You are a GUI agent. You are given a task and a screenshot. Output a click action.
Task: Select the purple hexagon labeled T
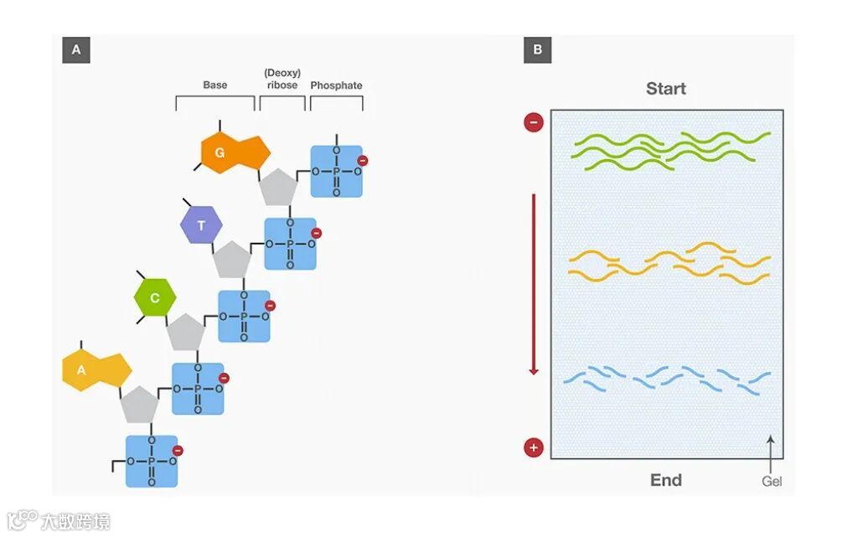[202, 225]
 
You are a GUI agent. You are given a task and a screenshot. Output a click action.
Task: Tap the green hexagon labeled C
[156, 298]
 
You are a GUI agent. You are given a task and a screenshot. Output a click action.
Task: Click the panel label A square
[76, 50]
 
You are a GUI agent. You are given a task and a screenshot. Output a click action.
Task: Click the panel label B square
[537, 50]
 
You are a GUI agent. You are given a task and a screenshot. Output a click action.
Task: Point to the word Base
[215, 85]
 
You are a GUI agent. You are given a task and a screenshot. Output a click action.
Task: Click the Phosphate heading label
[336, 85]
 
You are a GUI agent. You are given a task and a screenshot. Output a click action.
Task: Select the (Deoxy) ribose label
[281, 79]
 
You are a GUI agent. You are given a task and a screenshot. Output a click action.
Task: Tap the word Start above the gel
[666, 89]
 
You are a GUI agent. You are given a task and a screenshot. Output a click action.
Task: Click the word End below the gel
[666, 480]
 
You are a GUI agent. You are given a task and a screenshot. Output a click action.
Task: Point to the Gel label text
[772, 482]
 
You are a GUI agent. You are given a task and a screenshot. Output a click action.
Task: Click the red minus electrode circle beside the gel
[534, 123]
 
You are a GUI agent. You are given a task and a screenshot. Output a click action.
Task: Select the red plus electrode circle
[534, 447]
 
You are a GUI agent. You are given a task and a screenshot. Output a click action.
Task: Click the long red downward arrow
[533, 285]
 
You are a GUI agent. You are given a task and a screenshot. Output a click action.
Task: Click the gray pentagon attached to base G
[277, 187]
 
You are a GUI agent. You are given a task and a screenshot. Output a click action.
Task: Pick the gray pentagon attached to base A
[139, 405]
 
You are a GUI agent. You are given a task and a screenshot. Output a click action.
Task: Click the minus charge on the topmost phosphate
[362, 160]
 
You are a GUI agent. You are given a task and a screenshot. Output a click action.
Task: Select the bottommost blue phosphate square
[152, 461]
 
